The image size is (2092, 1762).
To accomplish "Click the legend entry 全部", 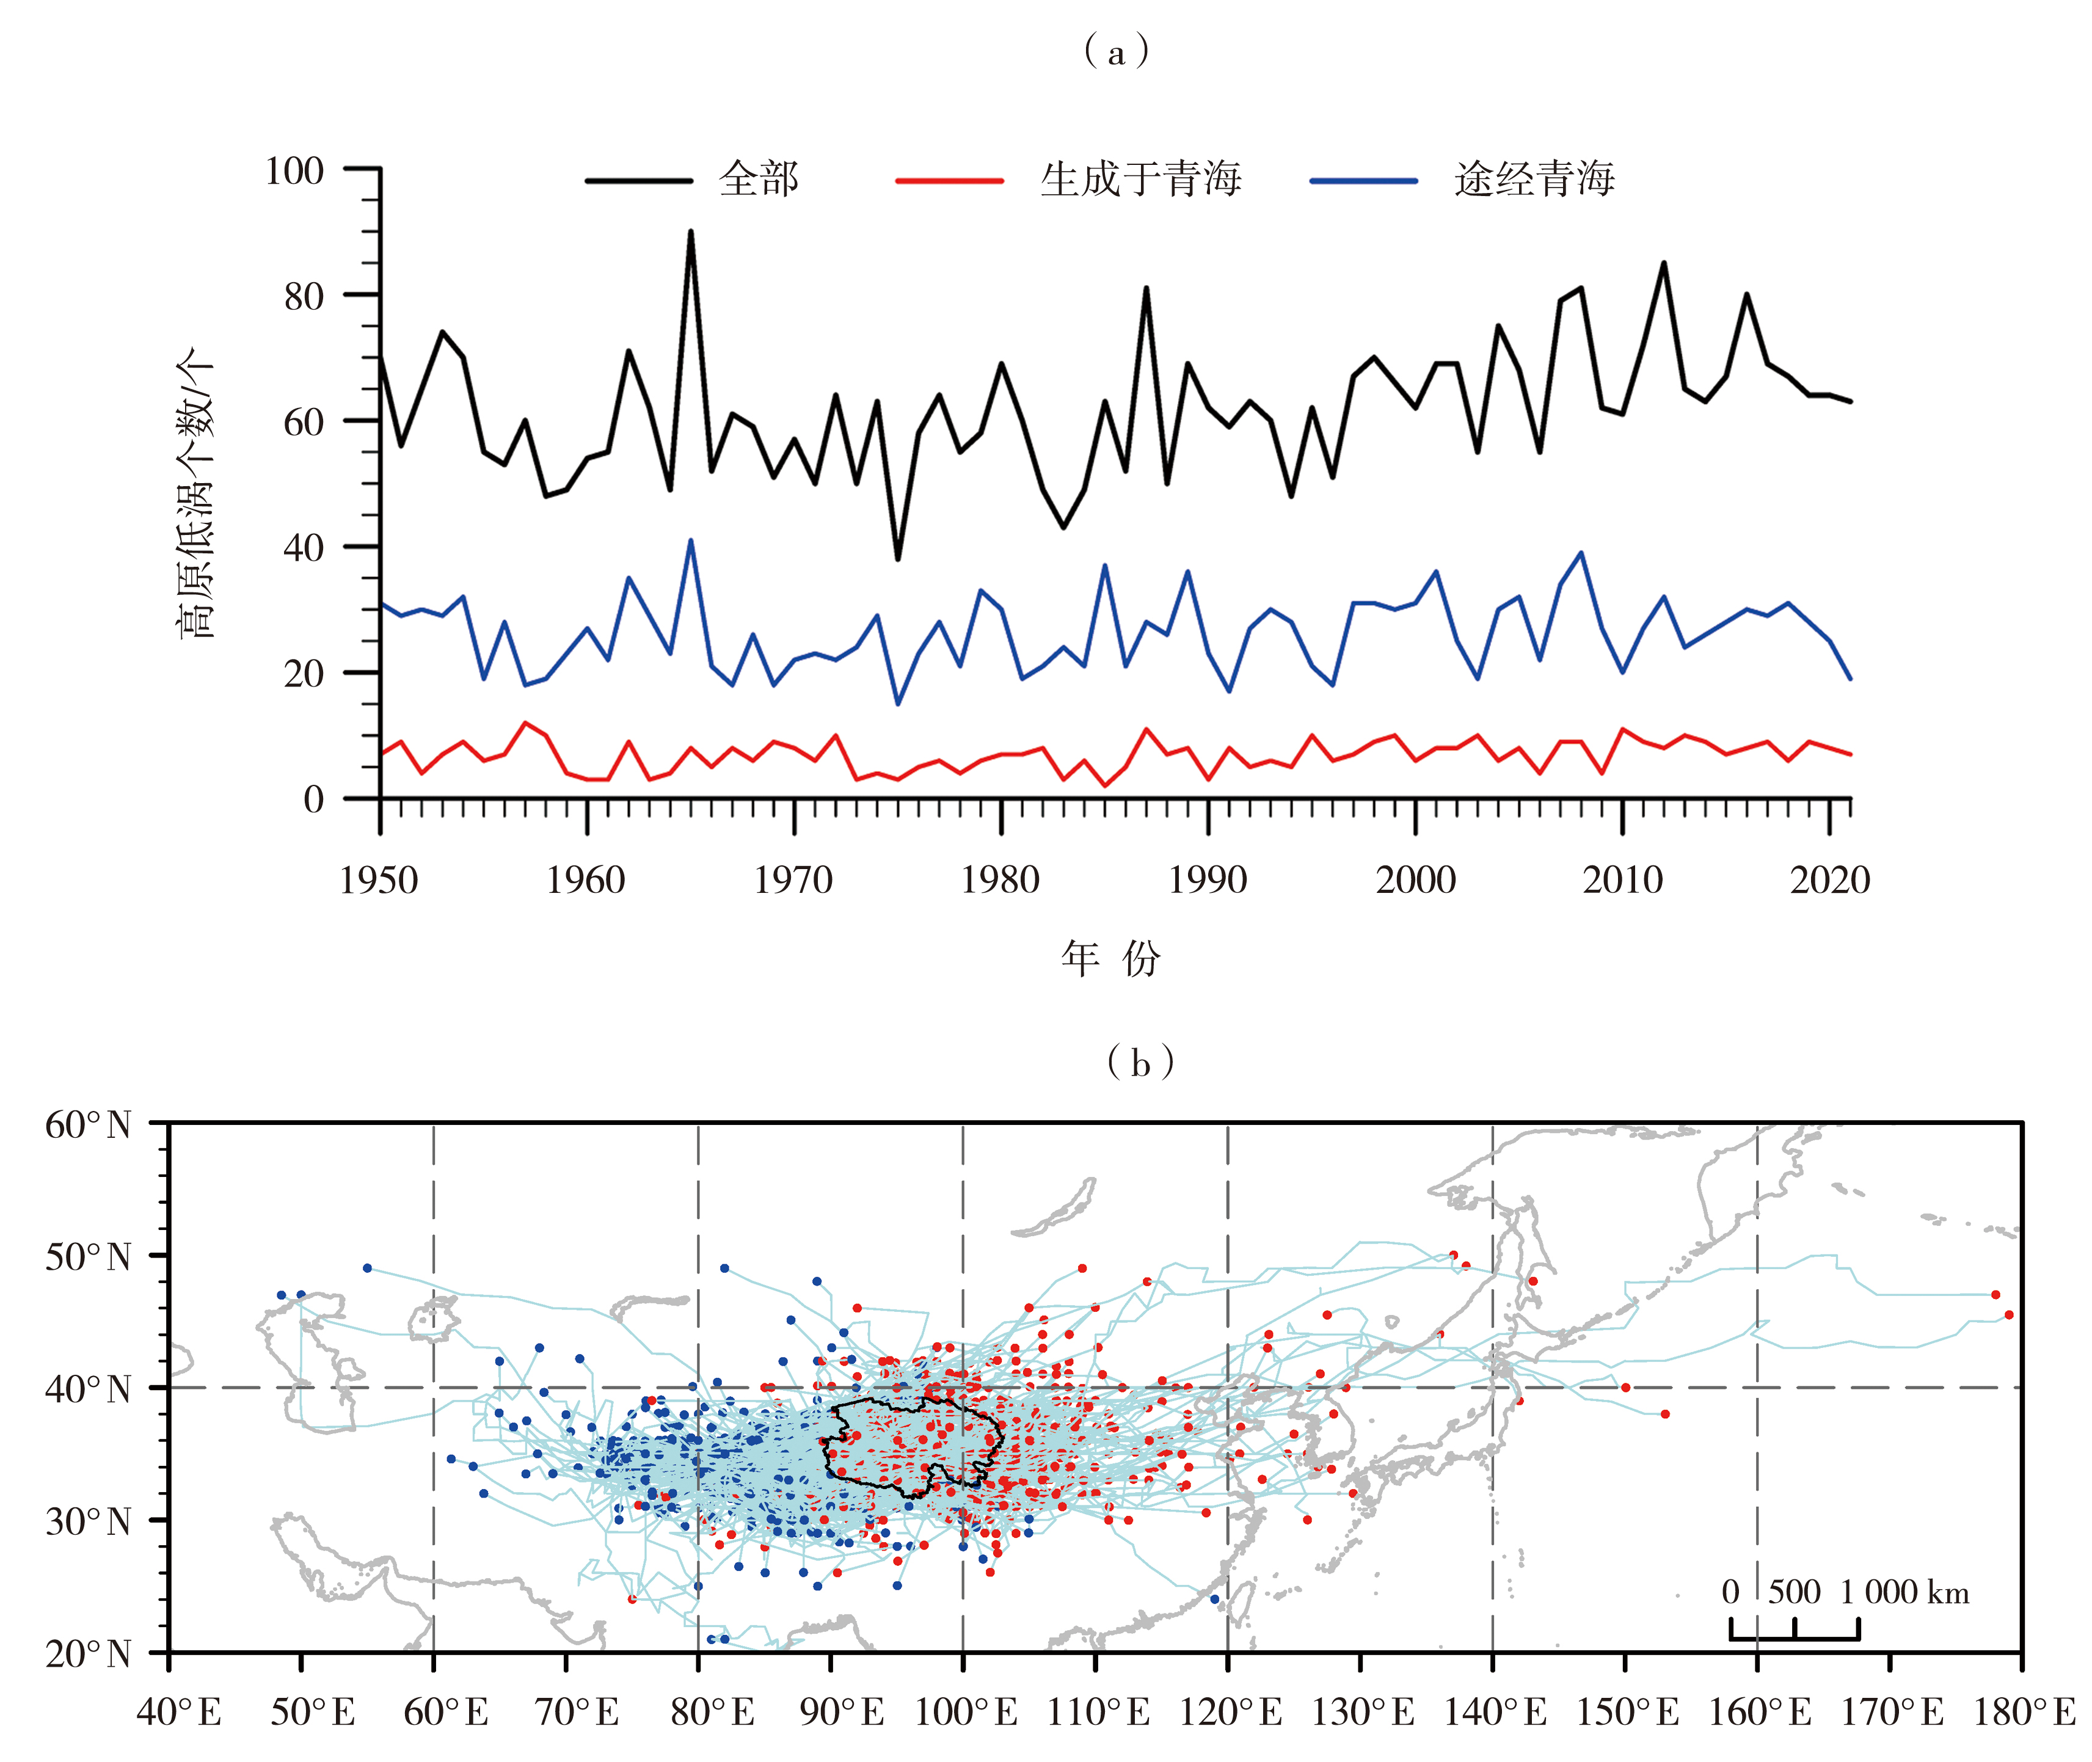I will pyautogui.click(x=757, y=180).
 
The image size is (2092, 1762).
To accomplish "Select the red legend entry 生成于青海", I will pyautogui.click(x=1140, y=180).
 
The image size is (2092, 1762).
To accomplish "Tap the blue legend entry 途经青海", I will pyautogui.click(x=1534, y=180).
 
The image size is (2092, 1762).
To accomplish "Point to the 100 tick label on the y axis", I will pyautogui.click(x=295, y=171).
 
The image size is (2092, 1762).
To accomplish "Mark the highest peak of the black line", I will pyautogui.click(x=690, y=231).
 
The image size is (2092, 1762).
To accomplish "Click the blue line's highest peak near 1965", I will pyautogui.click(x=690, y=541).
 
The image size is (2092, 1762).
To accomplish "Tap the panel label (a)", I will pyautogui.click(x=1116, y=51).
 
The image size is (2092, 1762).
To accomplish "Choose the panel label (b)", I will pyautogui.click(x=1140, y=1062).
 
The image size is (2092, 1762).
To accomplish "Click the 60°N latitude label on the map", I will pyautogui.click(x=88, y=1125).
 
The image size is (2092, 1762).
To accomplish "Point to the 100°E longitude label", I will pyautogui.click(x=965, y=1712).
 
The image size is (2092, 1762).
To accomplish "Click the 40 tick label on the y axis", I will pyautogui.click(x=304, y=547).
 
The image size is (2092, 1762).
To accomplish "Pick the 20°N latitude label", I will pyautogui.click(x=88, y=1654).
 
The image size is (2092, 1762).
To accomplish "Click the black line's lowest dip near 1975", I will pyautogui.click(x=897, y=559).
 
